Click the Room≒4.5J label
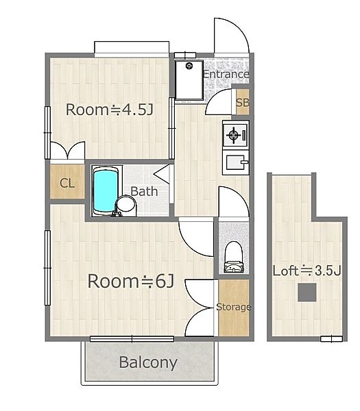110,110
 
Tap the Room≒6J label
131,281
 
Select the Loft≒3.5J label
307,271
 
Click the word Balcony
148,362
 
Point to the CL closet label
67,183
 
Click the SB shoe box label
243,103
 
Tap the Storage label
234,307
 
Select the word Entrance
226,74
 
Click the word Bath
144,191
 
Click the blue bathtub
106,190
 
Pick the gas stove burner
234,135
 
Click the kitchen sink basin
236,162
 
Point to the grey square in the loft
307,292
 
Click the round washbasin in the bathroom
125,204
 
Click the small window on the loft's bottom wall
331,339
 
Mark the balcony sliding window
132,339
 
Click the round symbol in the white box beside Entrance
189,66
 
